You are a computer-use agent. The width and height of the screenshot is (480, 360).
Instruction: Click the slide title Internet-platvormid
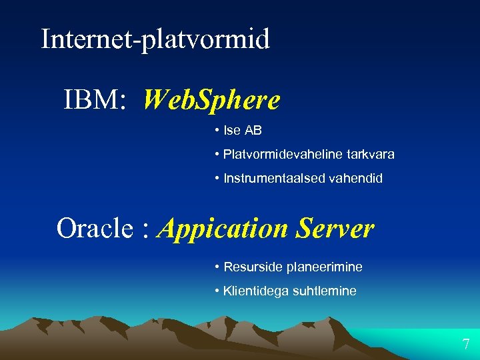pyautogui.click(x=155, y=39)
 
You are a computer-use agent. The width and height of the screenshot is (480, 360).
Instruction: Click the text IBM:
pyautogui.click(x=94, y=101)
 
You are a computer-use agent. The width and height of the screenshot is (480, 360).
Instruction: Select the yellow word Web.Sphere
pyautogui.click(x=211, y=101)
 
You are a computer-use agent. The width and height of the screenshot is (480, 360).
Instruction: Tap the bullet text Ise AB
pyautogui.click(x=243, y=130)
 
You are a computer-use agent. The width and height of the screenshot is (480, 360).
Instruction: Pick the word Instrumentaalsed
pyautogui.click(x=275, y=178)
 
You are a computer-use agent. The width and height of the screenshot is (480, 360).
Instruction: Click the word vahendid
pyautogui.click(x=356, y=178)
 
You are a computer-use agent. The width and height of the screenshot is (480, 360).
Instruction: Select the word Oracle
pyautogui.click(x=95, y=229)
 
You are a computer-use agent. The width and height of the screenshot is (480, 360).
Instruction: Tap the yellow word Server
pyautogui.click(x=335, y=229)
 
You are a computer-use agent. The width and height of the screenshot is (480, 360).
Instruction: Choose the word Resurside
pyautogui.click(x=253, y=267)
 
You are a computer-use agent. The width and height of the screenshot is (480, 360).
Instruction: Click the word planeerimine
pyautogui.click(x=325, y=267)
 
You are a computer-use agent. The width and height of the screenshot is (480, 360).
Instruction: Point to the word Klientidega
pyautogui.click(x=257, y=291)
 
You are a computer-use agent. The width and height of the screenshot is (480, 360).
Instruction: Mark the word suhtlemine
pyautogui.click(x=325, y=291)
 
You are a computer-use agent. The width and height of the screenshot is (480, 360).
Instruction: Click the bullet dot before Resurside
pyautogui.click(x=217, y=267)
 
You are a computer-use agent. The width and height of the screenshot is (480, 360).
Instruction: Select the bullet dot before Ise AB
pyautogui.click(x=217, y=130)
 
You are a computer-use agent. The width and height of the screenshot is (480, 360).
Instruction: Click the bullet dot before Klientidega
pyautogui.click(x=217, y=291)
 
